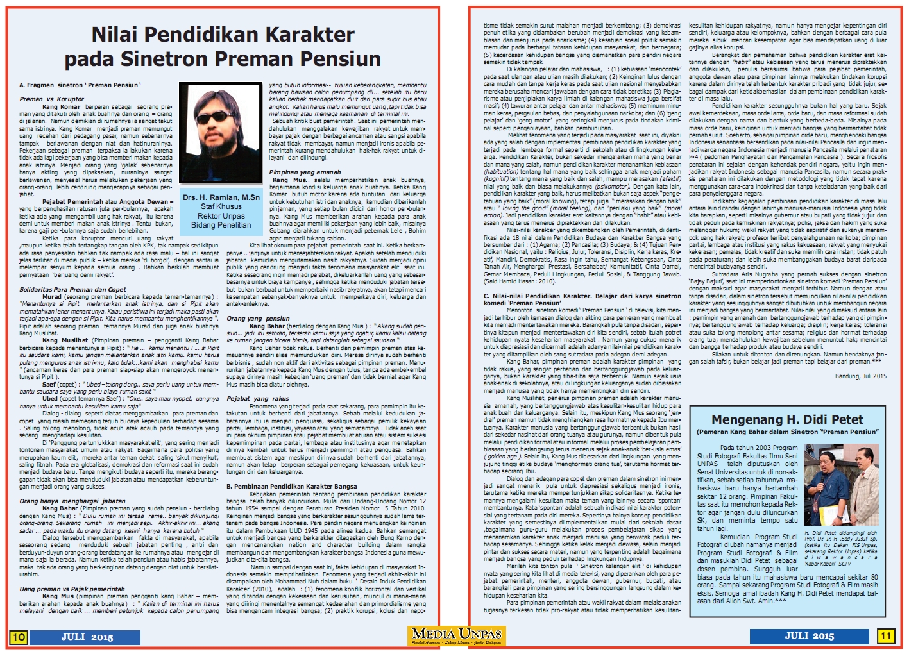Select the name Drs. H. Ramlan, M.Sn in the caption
pyautogui.click(x=221, y=197)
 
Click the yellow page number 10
pyautogui.click(x=18, y=637)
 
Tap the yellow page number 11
pyautogui.click(x=885, y=636)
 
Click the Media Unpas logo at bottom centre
pyautogui.click(x=457, y=636)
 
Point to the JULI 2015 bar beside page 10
pyautogui.click(x=87, y=637)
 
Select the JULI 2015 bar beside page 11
pyautogui.click(x=810, y=636)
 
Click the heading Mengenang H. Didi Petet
pyautogui.click(x=787, y=420)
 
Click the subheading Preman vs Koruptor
pyautogui.click(x=51, y=99)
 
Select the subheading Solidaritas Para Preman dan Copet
pyautogui.click(x=72, y=290)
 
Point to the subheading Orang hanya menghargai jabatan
pyautogui.click(x=72, y=501)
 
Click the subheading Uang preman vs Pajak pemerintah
pyautogui.click(x=72, y=589)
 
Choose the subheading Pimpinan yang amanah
pyautogui.click(x=305, y=172)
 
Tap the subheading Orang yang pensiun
pyautogui.click(x=258, y=318)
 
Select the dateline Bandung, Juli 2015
pyautogui.click(x=860, y=376)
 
